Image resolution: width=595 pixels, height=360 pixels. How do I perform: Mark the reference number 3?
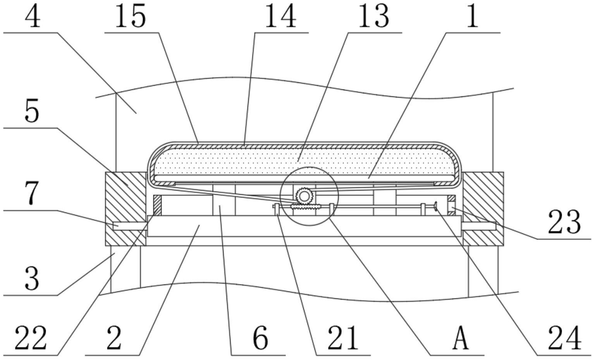(32, 279)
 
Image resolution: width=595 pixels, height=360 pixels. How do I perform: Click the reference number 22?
(31, 338)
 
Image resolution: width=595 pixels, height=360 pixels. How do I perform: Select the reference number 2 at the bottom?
(114, 338)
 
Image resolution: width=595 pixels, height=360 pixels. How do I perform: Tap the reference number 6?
(261, 339)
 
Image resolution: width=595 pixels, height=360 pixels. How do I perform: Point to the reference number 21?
(343, 338)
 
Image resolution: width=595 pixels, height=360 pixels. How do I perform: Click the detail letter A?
(460, 338)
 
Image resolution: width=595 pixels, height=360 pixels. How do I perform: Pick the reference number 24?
(565, 338)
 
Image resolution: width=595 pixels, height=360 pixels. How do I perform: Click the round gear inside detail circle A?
(305, 196)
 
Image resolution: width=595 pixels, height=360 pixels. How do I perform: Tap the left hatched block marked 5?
(126, 209)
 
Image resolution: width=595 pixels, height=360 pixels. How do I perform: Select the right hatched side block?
(483, 209)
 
